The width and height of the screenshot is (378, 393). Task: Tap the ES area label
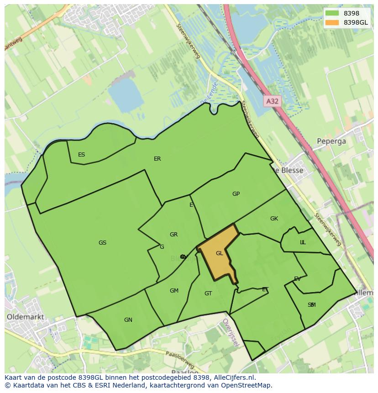81,155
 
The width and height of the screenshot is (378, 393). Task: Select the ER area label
157,159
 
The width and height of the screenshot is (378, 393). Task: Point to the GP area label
236,194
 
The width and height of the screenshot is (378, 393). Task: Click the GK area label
274,219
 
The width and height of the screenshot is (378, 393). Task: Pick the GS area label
102,243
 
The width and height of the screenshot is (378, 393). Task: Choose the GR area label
173,235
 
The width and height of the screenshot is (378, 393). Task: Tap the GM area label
174,291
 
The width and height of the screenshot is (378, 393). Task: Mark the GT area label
208,293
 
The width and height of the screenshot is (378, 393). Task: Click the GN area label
128,320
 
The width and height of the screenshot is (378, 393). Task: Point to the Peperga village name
332,141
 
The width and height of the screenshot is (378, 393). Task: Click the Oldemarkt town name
26,316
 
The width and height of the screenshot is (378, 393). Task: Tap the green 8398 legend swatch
332,13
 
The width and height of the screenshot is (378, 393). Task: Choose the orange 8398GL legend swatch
332,22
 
